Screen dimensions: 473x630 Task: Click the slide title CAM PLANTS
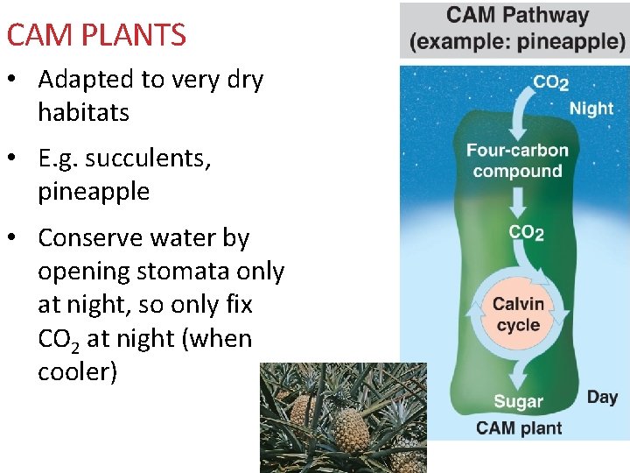(96, 35)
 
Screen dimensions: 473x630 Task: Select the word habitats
(83, 112)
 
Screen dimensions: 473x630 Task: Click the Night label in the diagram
(591, 109)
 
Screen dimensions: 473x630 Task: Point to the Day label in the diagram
(602, 397)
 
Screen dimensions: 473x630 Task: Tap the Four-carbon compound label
(517, 160)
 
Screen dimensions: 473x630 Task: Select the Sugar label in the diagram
(518, 402)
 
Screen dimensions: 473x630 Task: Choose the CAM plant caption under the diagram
(519, 428)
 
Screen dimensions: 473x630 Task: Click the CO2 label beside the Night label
(550, 82)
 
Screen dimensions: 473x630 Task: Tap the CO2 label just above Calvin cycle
(526, 232)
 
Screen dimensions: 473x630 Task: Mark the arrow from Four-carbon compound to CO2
(518, 205)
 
